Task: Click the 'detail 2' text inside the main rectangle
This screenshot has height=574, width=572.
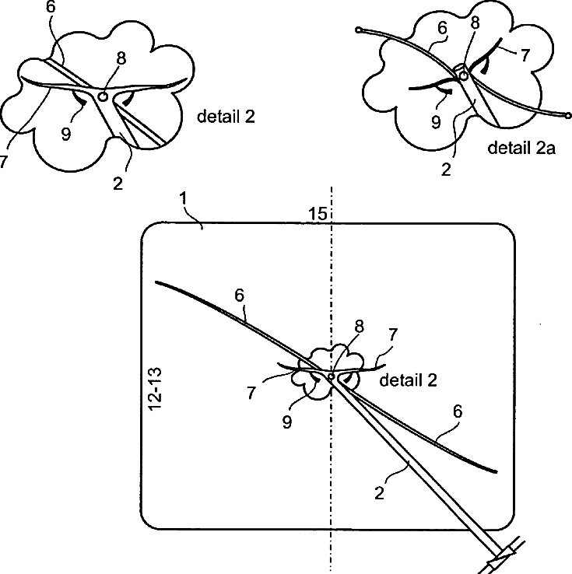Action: tap(408, 380)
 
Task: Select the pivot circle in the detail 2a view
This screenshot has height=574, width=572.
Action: tap(463, 75)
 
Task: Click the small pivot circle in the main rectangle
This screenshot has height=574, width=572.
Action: tap(332, 376)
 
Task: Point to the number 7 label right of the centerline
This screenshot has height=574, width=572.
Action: tap(393, 334)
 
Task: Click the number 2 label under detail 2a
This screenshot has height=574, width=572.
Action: tap(445, 168)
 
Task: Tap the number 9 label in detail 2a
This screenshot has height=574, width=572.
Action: tap(436, 122)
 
